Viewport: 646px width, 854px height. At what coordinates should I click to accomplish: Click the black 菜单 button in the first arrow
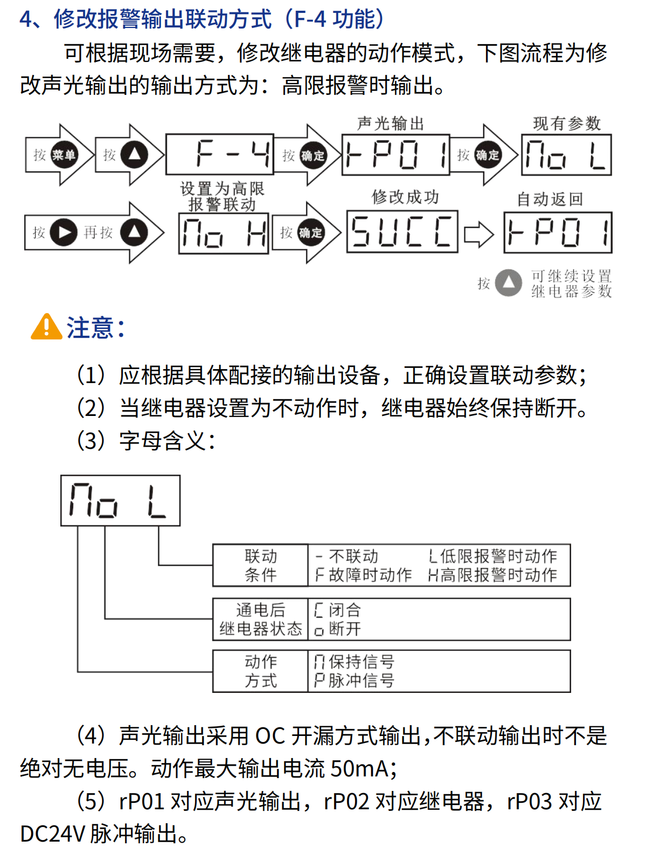coord(64,155)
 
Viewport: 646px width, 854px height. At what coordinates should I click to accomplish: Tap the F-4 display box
coord(220,154)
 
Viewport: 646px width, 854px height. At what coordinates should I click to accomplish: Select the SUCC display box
coord(402,232)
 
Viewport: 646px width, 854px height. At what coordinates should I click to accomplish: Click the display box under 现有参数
coord(566,155)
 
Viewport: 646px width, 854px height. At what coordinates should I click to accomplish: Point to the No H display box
coord(224,233)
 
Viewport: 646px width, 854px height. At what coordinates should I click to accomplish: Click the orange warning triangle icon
coord(47,327)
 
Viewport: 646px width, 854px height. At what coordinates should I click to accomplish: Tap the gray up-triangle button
coord(508,283)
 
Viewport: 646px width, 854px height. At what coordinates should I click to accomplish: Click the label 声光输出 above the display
coord(391,123)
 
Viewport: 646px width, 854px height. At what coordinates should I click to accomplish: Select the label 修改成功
coord(405,197)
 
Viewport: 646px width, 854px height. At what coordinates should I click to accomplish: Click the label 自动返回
coord(550,199)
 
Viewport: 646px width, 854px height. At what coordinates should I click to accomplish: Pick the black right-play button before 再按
coord(64,232)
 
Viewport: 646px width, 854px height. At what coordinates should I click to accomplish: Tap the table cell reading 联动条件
coord(261,565)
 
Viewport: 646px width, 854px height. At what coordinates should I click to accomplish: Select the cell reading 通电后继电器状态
coord(261,619)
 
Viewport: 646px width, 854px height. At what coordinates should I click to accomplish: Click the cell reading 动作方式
coord(261,671)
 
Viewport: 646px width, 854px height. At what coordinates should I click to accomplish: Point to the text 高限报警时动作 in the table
coord(499,575)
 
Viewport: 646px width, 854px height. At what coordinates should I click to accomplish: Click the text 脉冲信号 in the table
coord(362,681)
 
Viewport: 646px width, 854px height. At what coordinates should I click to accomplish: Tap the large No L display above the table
coord(120,501)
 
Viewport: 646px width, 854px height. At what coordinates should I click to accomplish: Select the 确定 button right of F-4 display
coord(312,155)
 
